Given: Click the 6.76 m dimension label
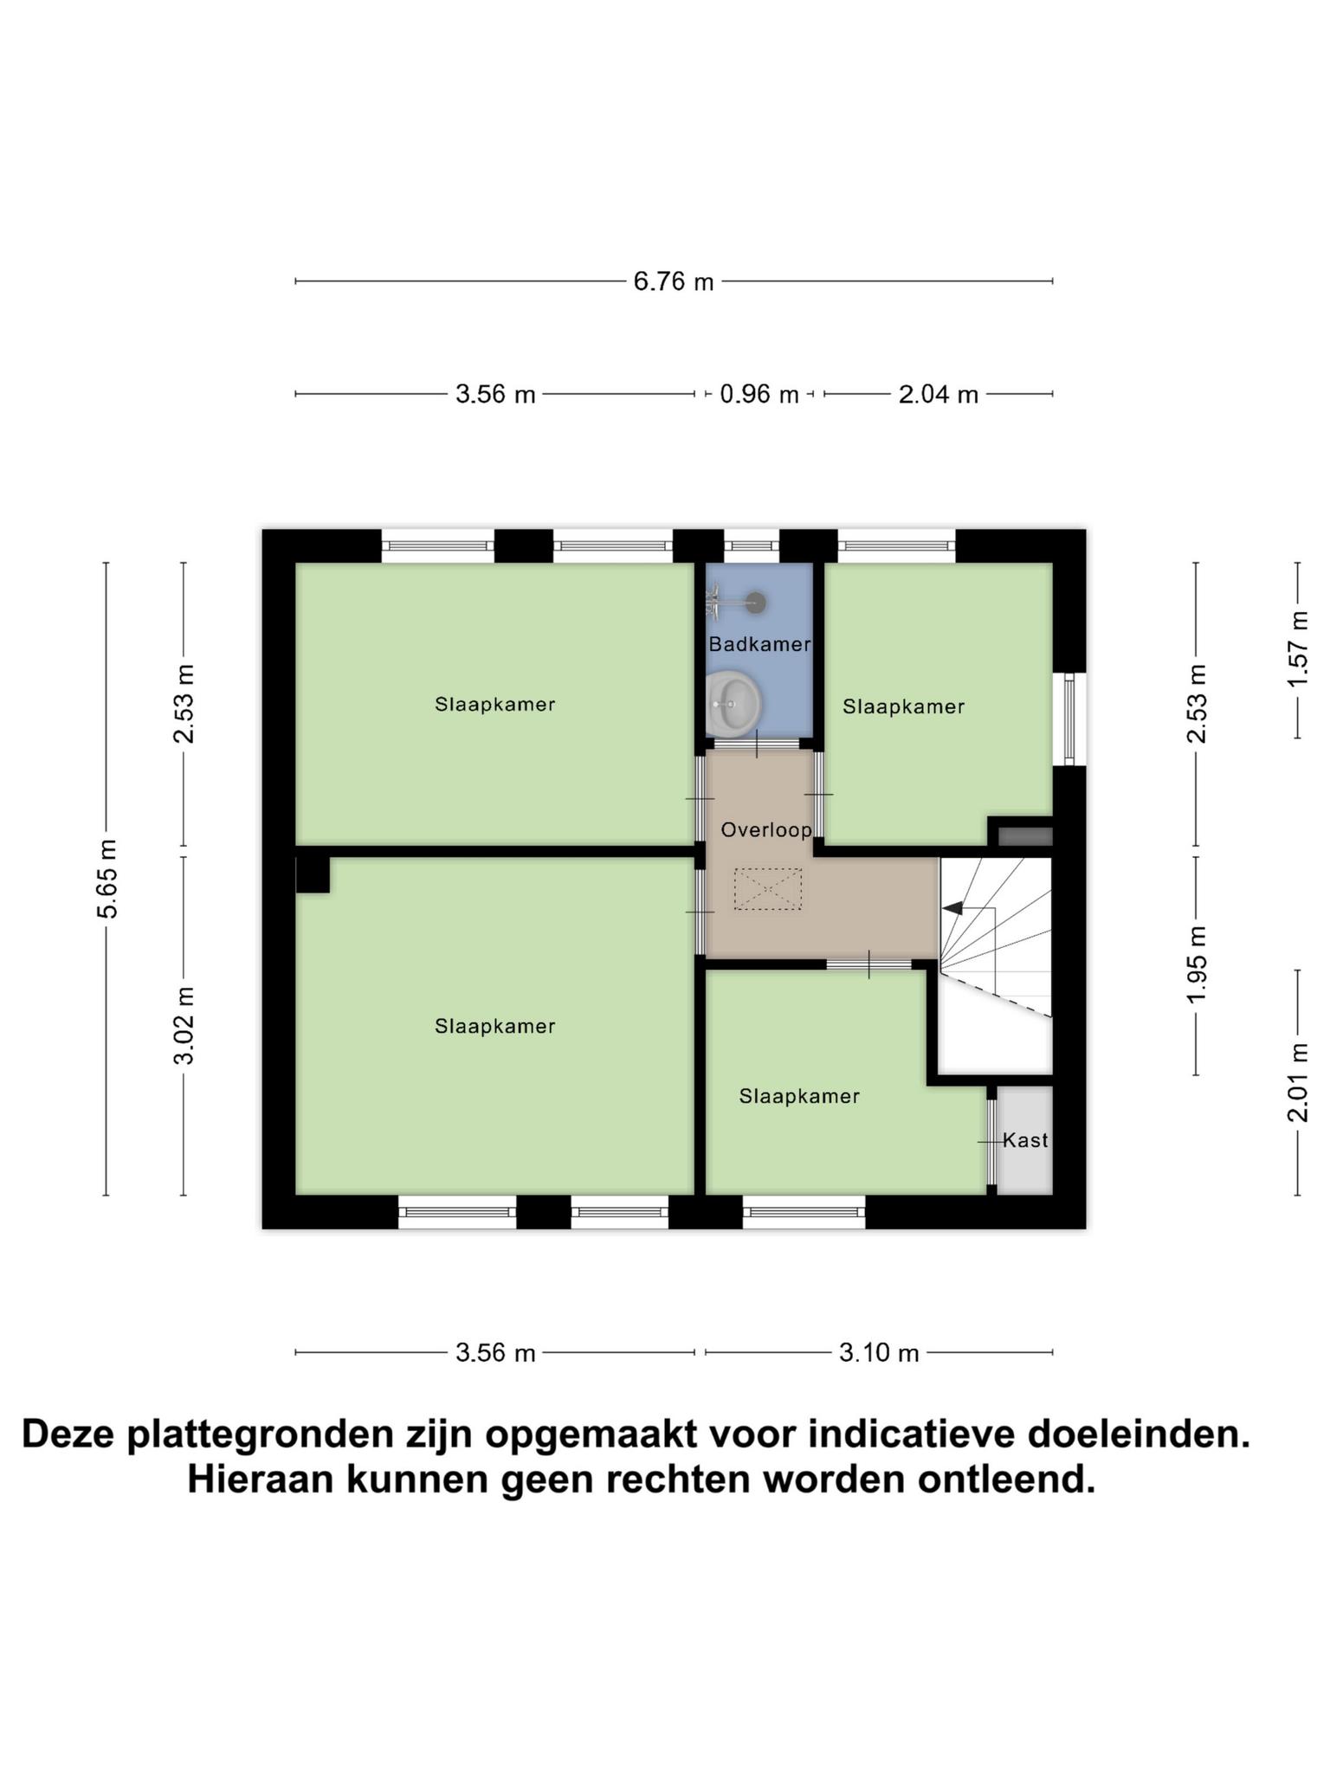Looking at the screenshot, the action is click(674, 281).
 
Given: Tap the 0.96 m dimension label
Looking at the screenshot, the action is click(759, 394).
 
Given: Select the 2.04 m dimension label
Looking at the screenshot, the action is click(939, 395).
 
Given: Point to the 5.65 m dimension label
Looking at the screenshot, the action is click(107, 878).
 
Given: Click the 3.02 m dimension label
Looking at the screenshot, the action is click(184, 1025).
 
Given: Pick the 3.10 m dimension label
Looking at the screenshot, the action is click(879, 1352).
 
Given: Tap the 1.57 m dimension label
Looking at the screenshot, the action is click(1297, 649).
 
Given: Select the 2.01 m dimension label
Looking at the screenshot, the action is click(1297, 1082).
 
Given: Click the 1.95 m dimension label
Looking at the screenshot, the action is click(1197, 964).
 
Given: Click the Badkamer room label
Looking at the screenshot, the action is click(759, 644).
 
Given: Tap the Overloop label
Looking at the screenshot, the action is click(766, 830).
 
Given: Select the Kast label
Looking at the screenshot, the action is click(1025, 1140).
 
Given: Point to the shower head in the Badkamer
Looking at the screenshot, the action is click(756, 602).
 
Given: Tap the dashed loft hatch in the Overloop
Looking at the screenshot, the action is click(768, 889).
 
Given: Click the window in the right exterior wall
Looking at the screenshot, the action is click(1069, 719).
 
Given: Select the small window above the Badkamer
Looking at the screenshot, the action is click(752, 546).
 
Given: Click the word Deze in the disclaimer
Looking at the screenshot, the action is click(68, 1435).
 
